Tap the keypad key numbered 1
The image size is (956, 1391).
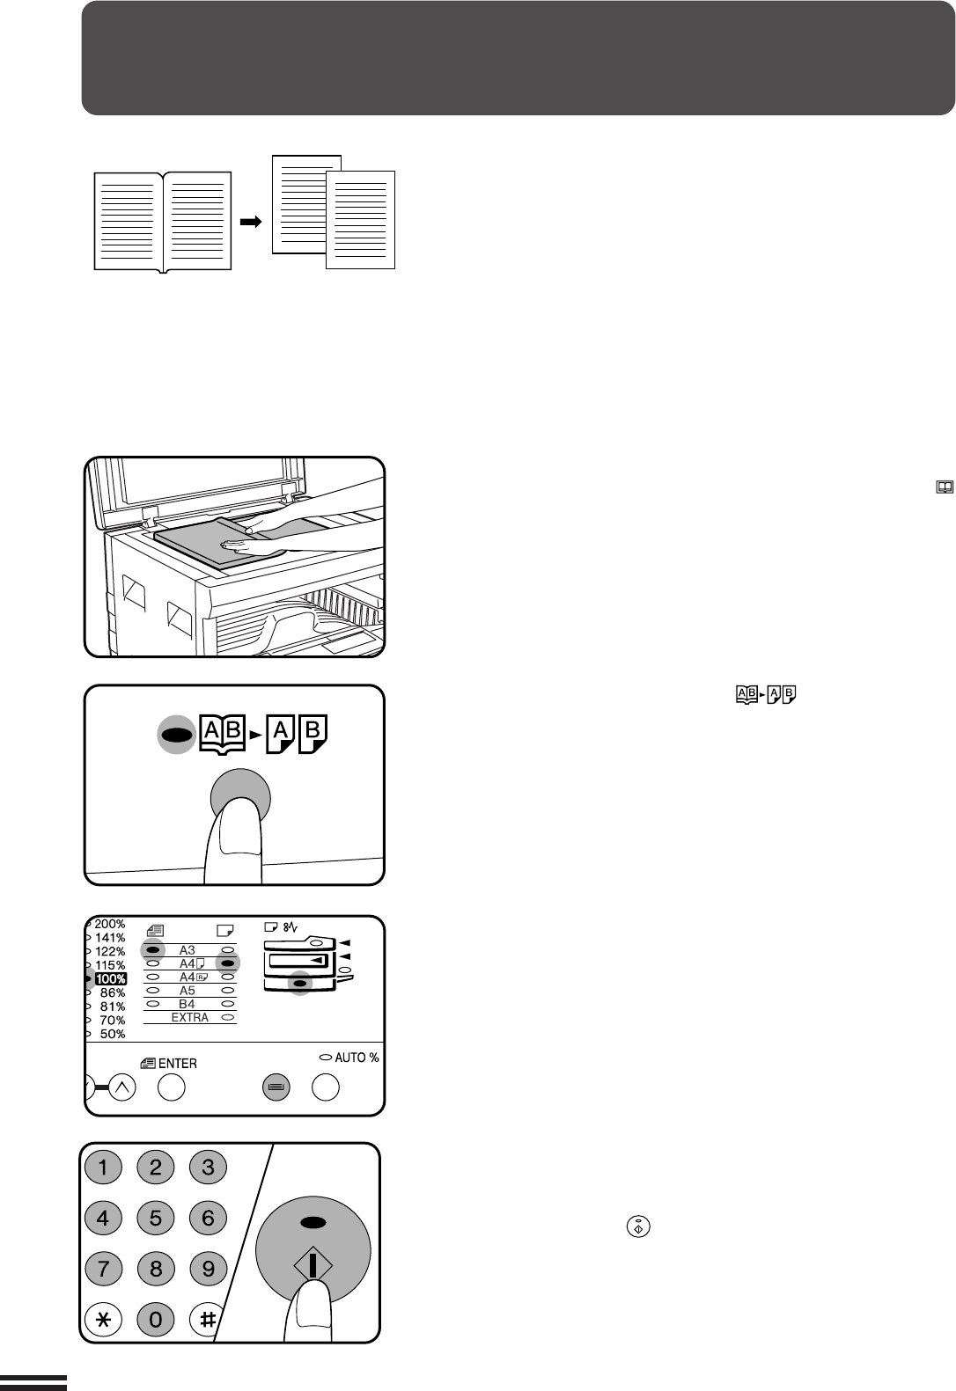pyautogui.click(x=103, y=1167)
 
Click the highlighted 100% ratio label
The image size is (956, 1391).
pyautogui.click(x=111, y=979)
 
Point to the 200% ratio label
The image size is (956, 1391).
pyautogui.click(x=110, y=924)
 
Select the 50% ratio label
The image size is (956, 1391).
pyautogui.click(x=113, y=1034)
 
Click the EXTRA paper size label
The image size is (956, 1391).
pyautogui.click(x=190, y=1017)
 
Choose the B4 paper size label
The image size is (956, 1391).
pyautogui.click(x=187, y=1004)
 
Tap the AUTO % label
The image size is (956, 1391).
pyautogui.click(x=357, y=1058)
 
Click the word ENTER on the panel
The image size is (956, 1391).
pyautogui.click(x=178, y=1064)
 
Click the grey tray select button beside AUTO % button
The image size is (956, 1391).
pyautogui.click(x=276, y=1087)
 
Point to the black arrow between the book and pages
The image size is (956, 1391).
pyautogui.click(x=251, y=222)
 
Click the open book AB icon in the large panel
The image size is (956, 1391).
pyautogui.click(x=223, y=735)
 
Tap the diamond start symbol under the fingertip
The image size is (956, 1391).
pyautogui.click(x=313, y=1265)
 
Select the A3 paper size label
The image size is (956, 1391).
pyautogui.click(x=187, y=950)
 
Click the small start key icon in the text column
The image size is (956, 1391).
pyautogui.click(x=638, y=1226)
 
